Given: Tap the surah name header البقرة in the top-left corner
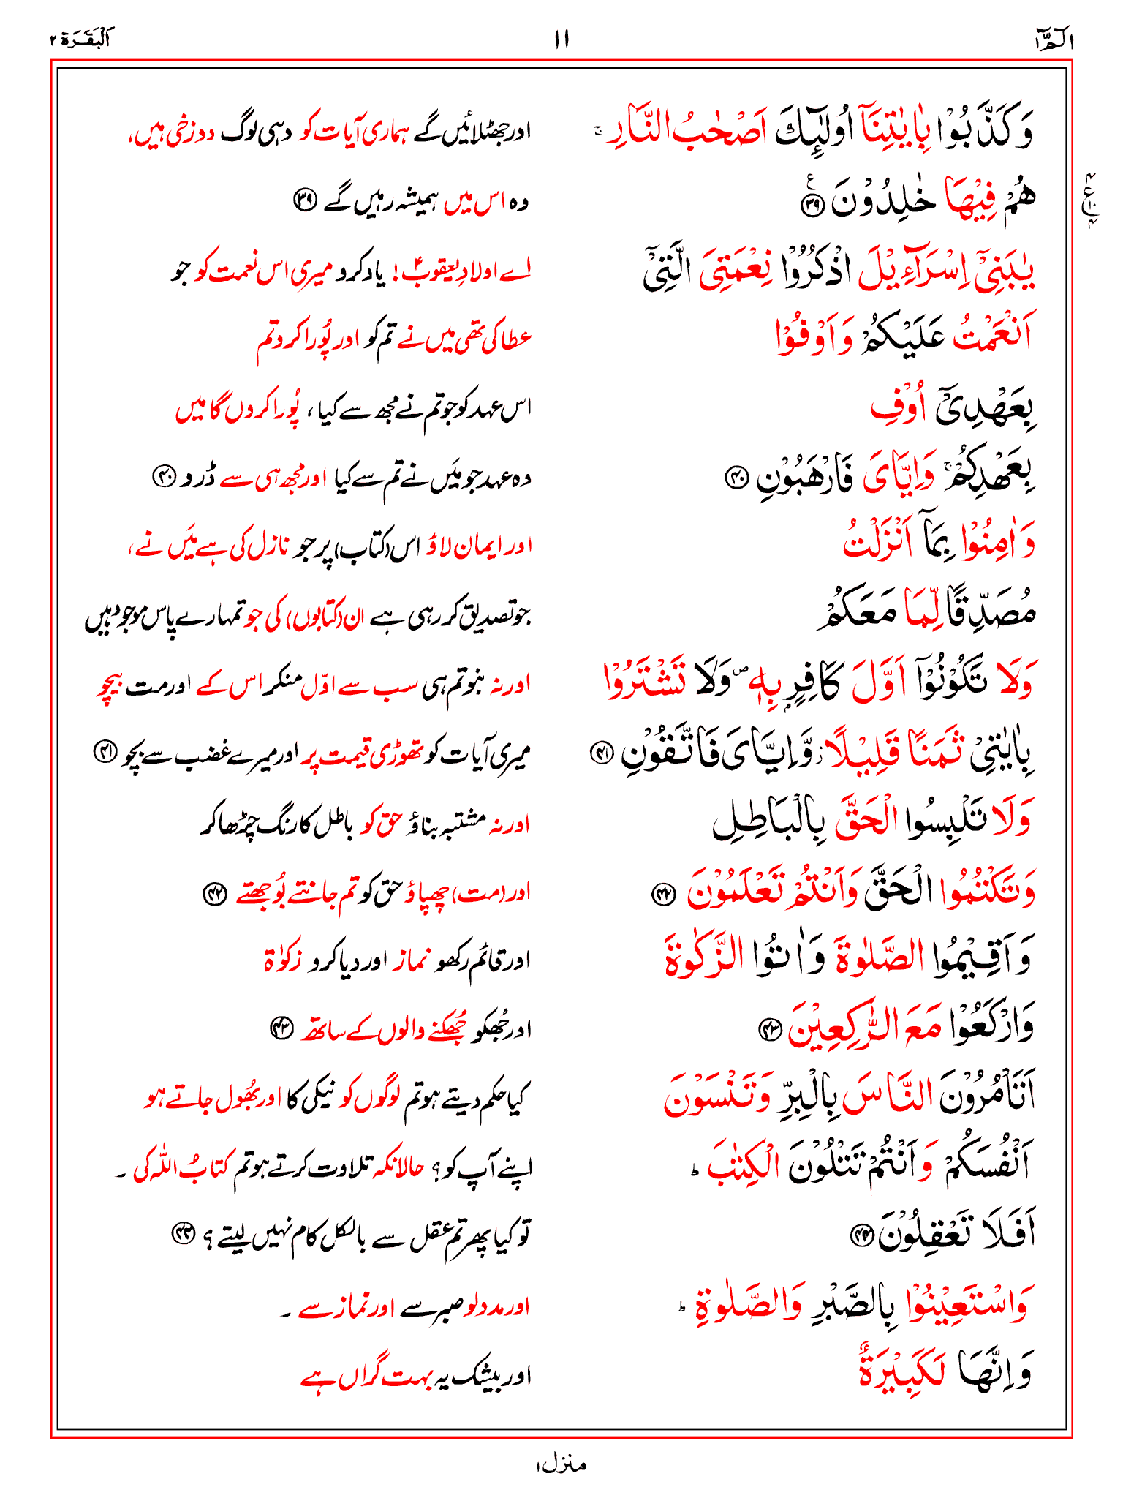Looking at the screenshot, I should [80, 39].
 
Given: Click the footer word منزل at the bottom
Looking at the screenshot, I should [561, 1464].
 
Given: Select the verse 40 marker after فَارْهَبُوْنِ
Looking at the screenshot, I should [735, 479].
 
